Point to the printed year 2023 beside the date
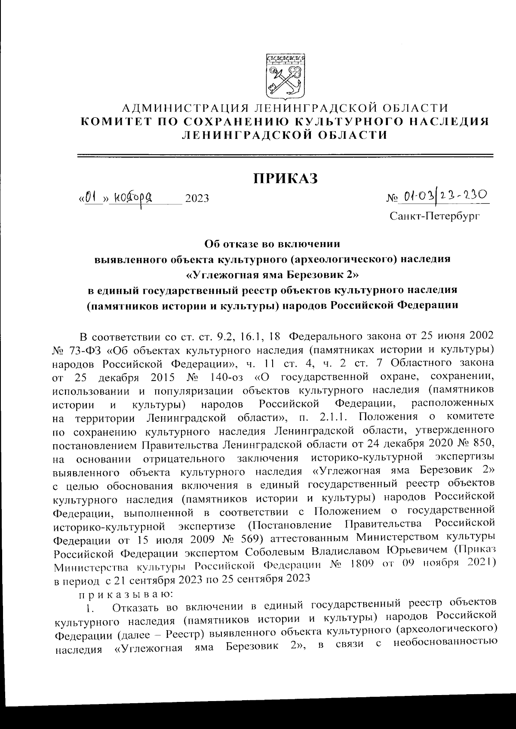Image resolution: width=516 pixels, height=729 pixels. [197, 198]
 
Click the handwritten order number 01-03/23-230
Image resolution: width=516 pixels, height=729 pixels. [445, 197]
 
